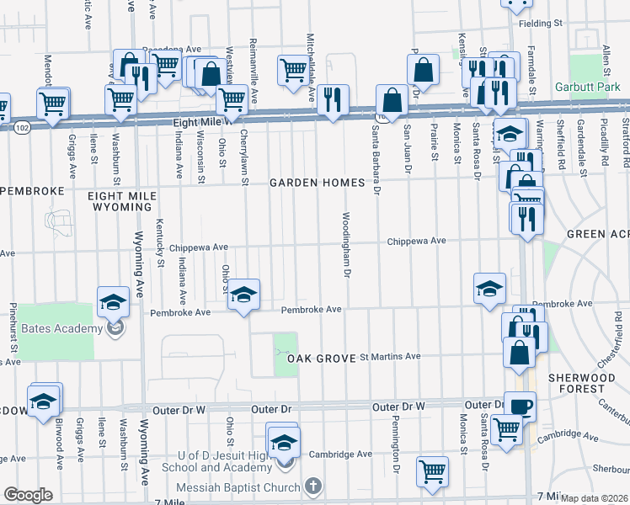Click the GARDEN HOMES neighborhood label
pyautogui.click(x=317, y=183)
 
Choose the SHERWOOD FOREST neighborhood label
pyautogui.click(x=582, y=383)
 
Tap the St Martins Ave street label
pyautogui.click(x=390, y=357)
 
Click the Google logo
pyautogui.click(x=28, y=495)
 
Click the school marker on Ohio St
pyautogui.click(x=244, y=295)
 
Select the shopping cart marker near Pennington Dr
pyautogui.click(x=433, y=473)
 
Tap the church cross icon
pyautogui.click(x=312, y=486)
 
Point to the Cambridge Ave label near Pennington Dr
pyautogui.click(x=340, y=454)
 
